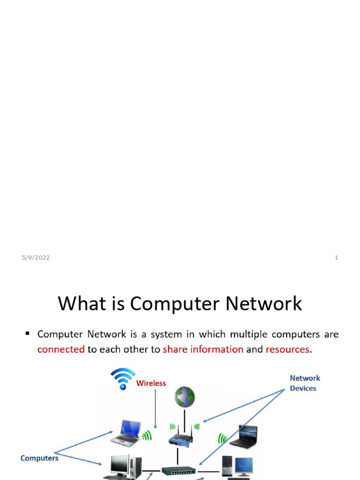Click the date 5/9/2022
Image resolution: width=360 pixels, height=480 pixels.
(36, 257)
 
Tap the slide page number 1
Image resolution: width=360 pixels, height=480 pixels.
(336, 257)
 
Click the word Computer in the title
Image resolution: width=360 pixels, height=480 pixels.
(175, 304)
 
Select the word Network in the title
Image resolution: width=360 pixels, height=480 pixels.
(264, 303)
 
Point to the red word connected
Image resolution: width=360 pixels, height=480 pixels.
(61, 349)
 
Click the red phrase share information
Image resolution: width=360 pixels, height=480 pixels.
(203, 349)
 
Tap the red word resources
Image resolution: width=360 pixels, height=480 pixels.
(287, 350)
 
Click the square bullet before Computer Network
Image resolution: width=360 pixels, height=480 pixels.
(28, 333)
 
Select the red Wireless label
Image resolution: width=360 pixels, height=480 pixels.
(151, 383)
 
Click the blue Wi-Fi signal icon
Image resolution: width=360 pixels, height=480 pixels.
(123, 378)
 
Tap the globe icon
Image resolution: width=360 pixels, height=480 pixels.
(185, 397)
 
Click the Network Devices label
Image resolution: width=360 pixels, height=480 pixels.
(305, 383)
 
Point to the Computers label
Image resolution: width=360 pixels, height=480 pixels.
(39, 458)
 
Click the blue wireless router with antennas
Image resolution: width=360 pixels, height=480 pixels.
(180, 436)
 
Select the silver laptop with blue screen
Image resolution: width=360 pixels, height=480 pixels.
(126, 432)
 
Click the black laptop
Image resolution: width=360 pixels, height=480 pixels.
(244, 437)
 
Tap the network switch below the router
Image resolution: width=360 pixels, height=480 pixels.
(179, 471)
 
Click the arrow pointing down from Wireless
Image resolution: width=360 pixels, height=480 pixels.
(156, 409)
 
